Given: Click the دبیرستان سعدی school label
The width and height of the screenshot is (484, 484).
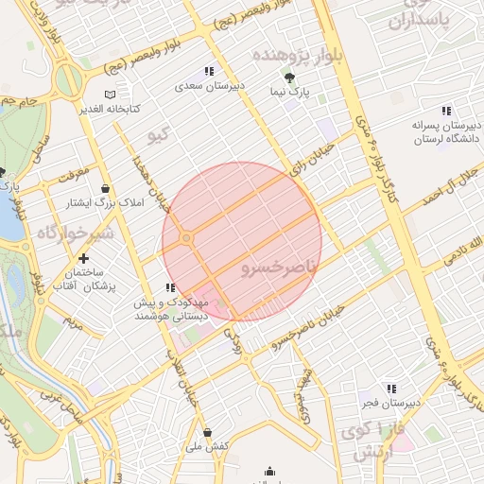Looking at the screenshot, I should point(209,85).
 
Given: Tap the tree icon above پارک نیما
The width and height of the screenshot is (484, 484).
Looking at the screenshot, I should point(289,78).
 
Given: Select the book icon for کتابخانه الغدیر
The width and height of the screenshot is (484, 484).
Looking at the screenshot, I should point(111,95).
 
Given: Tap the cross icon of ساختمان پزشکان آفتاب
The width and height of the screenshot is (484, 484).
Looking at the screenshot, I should point(84,258).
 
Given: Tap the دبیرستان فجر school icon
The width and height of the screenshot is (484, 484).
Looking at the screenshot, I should point(390,389).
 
